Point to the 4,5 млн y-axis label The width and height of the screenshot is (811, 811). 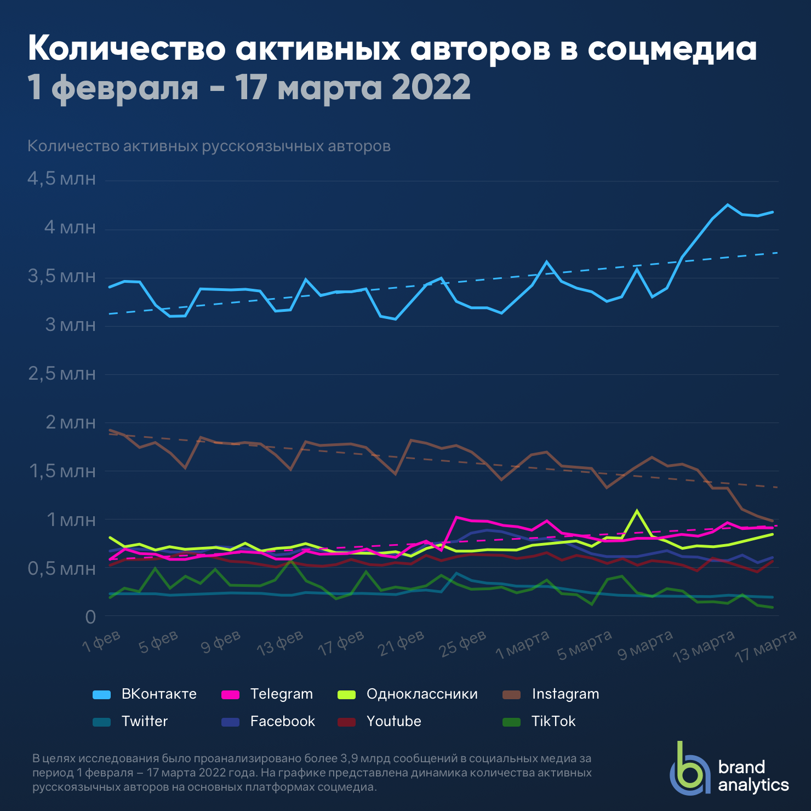click(61, 179)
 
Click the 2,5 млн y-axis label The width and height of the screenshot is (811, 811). click(61, 374)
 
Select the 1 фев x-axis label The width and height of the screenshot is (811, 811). click(101, 641)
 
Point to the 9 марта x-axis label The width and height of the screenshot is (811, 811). click(646, 644)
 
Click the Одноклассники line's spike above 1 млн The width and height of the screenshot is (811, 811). click(637, 511)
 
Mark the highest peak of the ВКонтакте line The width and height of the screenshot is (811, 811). click(728, 205)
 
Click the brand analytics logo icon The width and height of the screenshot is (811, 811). click(689, 768)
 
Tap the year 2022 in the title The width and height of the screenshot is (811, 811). click(431, 87)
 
